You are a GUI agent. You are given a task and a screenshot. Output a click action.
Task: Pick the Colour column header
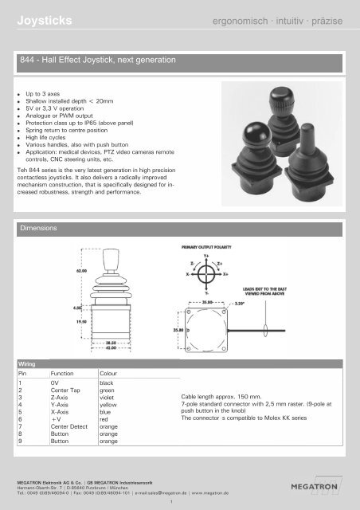[x=111, y=373]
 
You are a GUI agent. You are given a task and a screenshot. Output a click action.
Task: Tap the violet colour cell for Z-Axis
[x=107, y=398]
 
